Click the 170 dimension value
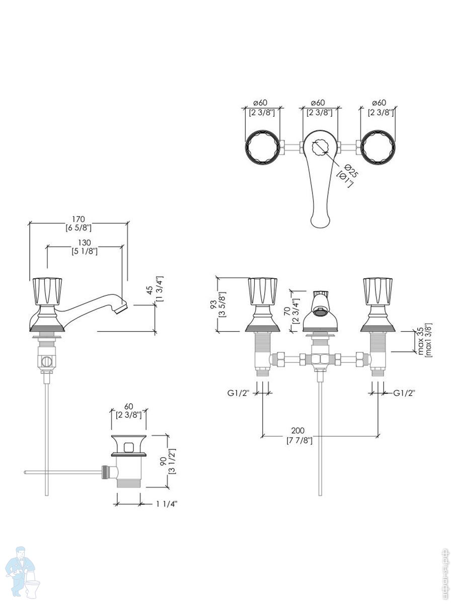coord(78,219)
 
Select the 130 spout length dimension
coord(85,243)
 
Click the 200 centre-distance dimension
coord(298,431)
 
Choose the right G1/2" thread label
coord(404,392)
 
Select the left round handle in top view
coord(262,147)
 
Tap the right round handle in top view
coord(377,147)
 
